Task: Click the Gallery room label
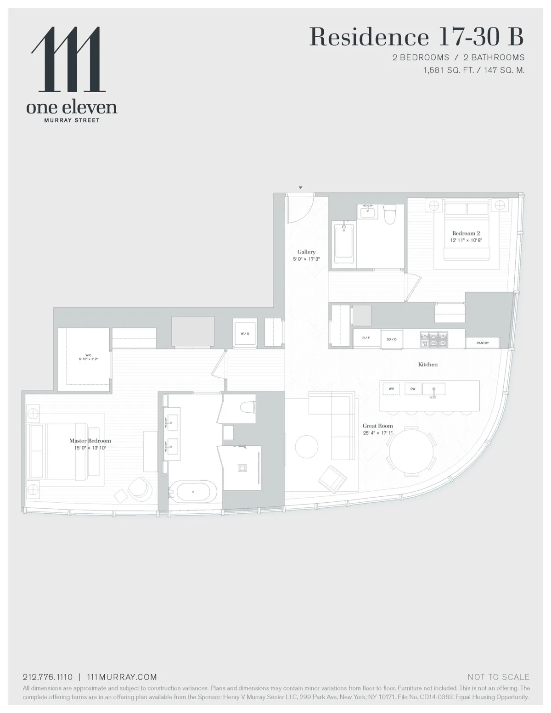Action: [306, 252]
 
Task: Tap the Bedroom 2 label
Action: [466, 233]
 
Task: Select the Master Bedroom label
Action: [90, 441]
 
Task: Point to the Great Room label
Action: [377, 426]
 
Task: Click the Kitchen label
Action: [427, 365]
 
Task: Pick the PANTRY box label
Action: [483, 343]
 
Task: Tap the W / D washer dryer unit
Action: [245, 334]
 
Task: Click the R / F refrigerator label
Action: [366, 338]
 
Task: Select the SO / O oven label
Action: [391, 339]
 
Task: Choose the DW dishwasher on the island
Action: [413, 389]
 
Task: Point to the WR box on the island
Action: [391, 389]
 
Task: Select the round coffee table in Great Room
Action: [306, 446]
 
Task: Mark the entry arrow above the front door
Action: [300, 188]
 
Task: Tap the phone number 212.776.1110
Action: [48, 677]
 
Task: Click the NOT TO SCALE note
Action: [498, 677]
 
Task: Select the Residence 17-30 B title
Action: [416, 37]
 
